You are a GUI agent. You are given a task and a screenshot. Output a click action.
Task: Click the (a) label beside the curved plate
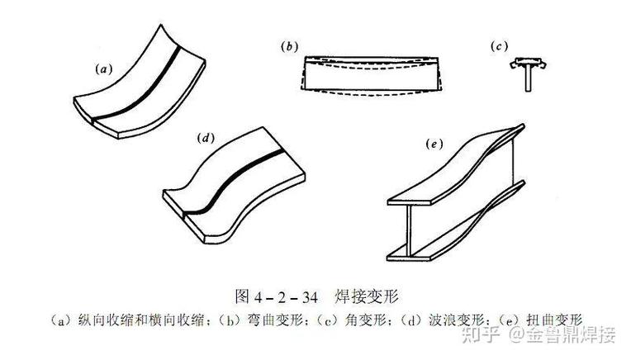104,69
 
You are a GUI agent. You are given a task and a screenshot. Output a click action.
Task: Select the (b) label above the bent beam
289,47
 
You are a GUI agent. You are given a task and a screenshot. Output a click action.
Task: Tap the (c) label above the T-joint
499,47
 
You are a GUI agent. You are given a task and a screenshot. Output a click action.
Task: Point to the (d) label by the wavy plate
206,139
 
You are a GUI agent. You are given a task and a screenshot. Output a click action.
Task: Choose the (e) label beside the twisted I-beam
434,144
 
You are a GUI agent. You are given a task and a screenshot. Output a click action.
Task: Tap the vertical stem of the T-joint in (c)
528,78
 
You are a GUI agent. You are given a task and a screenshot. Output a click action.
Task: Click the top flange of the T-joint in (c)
528,62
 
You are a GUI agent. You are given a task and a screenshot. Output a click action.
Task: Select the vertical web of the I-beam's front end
410,230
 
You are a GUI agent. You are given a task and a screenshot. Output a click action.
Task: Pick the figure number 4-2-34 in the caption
286,297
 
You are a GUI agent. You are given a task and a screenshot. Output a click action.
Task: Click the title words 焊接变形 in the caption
367,297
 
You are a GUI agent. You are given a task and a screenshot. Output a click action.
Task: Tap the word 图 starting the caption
242,297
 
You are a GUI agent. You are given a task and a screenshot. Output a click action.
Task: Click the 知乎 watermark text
481,334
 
